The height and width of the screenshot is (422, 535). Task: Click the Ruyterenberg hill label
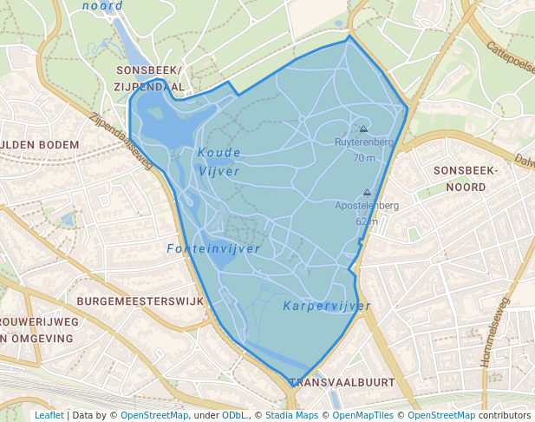[x=364, y=142]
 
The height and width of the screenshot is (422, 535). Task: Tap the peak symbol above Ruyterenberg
[x=363, y=129]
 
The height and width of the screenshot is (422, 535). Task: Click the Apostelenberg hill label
[x=367, y=206]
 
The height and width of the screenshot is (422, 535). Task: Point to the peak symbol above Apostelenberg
[x=367, y=193]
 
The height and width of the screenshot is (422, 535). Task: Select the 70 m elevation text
[x=364, y=158]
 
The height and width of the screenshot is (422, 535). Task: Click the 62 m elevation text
[x=367, y=221]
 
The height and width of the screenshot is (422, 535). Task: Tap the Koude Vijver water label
[x=219, y=162]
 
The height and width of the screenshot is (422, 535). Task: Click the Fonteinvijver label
[x=213, y=249]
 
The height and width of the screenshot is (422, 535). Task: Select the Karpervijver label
[x=327, y=306]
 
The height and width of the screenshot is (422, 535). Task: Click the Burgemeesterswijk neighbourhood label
[x=140, y=300]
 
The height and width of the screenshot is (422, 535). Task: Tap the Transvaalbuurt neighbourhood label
[x=343, y=382]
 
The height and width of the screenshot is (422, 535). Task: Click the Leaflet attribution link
[x=49, y=415]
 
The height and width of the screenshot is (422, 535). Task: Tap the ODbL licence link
[x=234, y=415]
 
